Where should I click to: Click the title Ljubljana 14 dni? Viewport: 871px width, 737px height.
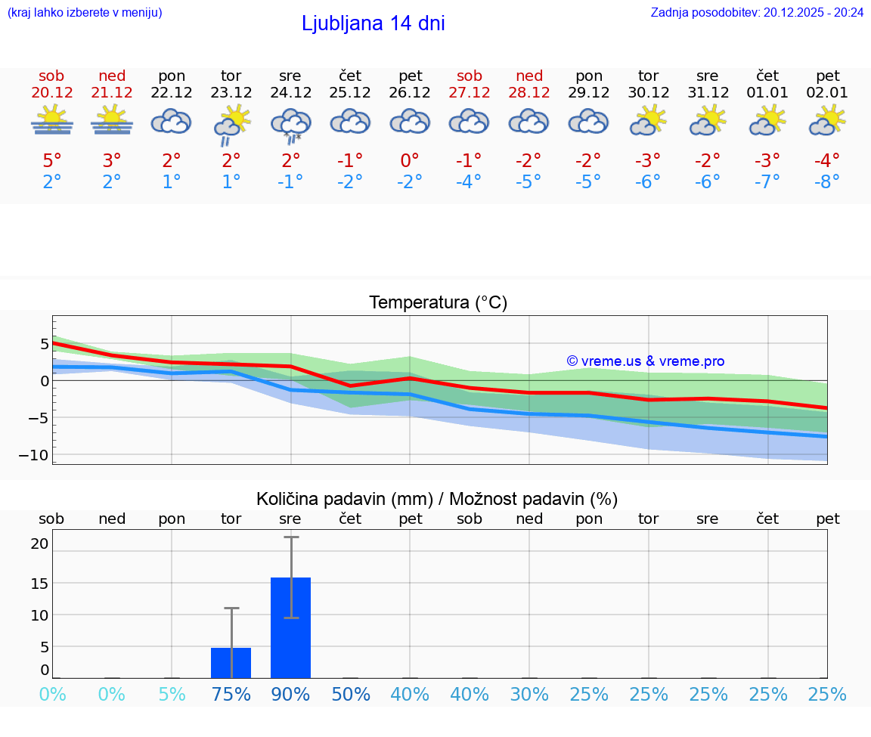tap(373, 23)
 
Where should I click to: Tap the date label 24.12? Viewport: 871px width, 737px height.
tap(290, 93)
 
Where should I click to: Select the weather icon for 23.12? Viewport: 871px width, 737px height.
tap(231, 124)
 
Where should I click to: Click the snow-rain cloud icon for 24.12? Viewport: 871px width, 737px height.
tap(290, 124)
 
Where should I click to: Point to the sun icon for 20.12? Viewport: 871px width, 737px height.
tap(51, 121)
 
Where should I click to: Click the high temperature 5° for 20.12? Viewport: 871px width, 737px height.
tap(51, 161)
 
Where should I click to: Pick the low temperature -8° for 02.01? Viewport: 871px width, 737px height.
tap(827, 182)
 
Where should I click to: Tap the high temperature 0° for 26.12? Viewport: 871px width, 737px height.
tap(410, 161)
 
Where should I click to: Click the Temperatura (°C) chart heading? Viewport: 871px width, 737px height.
tap(438, 303)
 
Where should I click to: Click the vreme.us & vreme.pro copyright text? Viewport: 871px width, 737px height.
tap(645, 361)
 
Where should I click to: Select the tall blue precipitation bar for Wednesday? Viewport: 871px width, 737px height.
tap(290, 627)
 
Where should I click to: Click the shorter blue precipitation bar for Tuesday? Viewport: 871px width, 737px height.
tap(231, 662)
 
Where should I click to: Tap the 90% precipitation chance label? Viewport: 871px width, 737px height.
tap(290, 695)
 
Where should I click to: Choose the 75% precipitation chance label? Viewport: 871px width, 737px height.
tap(231, 695)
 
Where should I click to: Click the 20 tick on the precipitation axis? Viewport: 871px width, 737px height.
tap(39, 543)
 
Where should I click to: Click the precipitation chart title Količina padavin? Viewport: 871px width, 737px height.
tap(437, 499)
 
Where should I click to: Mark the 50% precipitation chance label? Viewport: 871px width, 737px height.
tap(350, 695)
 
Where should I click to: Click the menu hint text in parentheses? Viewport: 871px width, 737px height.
tap(84, 12)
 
